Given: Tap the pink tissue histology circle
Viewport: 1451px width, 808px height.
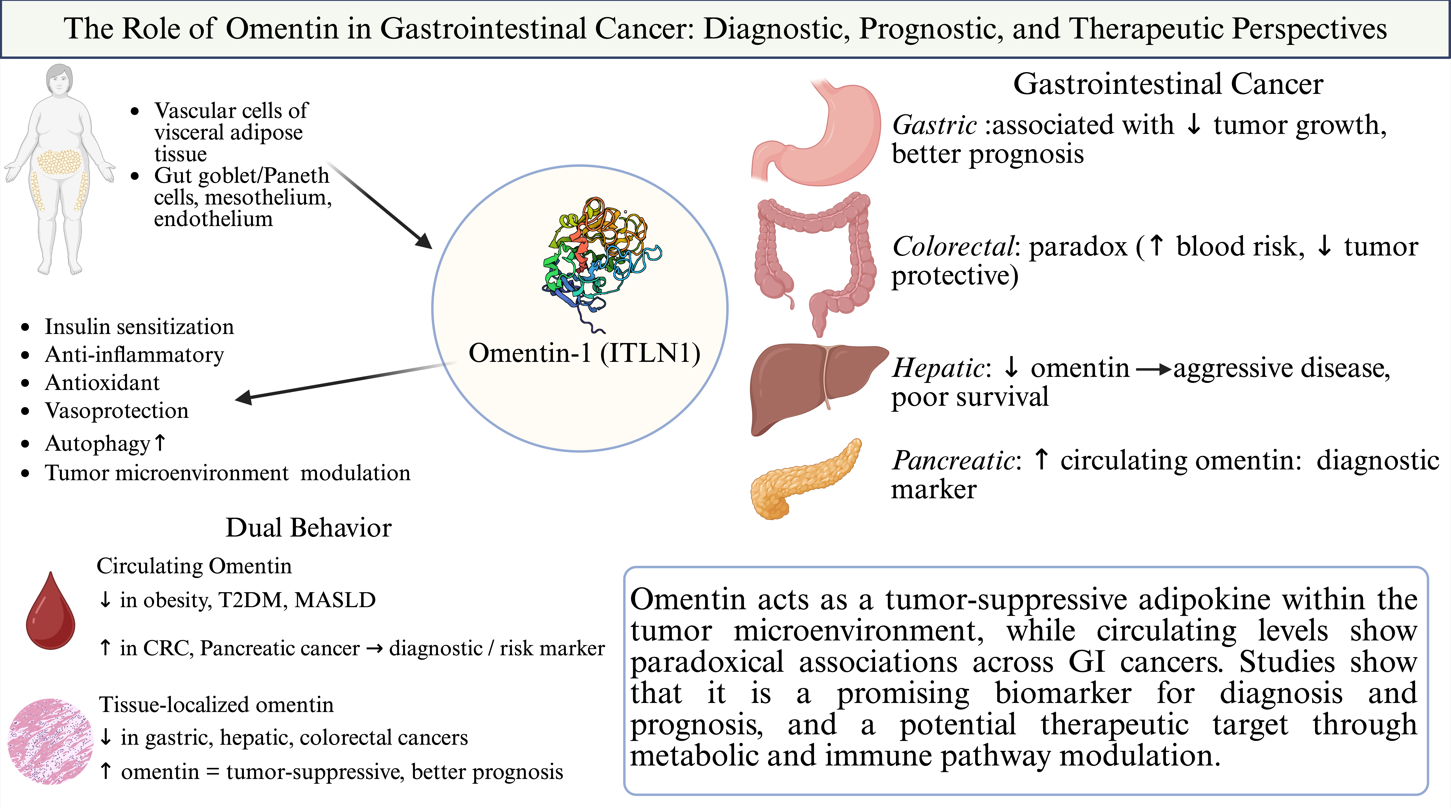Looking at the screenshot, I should pyautogui.click(x=51, y=741).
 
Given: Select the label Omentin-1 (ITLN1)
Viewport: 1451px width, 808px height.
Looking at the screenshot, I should pyautogui.click(x=584, y=353).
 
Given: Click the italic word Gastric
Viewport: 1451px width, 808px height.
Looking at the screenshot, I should pyautogui.click(x=934, y=125).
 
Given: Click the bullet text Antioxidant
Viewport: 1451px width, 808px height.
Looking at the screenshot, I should pyautogui.click(x=102, y=383).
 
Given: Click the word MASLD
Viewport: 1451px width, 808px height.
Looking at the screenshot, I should pyautogui.click(x=335, y=600).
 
